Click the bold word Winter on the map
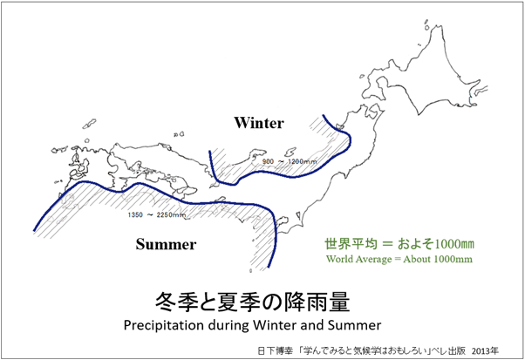coord(259,123)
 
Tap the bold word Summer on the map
coord(166,244)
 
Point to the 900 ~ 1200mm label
coord(290,161)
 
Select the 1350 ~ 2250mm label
coord(157,214)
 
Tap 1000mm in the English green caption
coord(453,259)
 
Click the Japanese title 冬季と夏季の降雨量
coord(252,302)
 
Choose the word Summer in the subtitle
coord(354,325)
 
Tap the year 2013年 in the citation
coord(485,350)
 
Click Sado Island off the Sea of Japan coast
coord(290,153)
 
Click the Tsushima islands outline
coord(89,124)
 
